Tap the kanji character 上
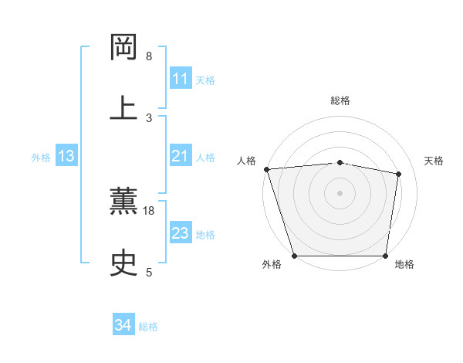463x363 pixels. (123, 108)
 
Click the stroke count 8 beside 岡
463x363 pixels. (149, 56)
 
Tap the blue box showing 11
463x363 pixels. (180, 79)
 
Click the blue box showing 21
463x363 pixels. (180, 156)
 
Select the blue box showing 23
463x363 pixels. (180, 233)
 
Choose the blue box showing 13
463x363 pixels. (66, 156)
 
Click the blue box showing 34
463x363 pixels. (123, 326)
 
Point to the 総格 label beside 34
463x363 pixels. (148, 327)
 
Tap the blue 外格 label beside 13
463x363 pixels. (41, 157)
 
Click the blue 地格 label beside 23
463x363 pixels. (205, 234)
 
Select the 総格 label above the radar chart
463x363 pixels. (340, 101)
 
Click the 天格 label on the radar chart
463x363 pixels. (434, 161)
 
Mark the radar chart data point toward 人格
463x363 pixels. (266, 169)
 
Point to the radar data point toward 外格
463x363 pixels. (295, 255)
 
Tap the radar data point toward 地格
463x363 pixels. (385, 255)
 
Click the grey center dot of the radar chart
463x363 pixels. (340, 192)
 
